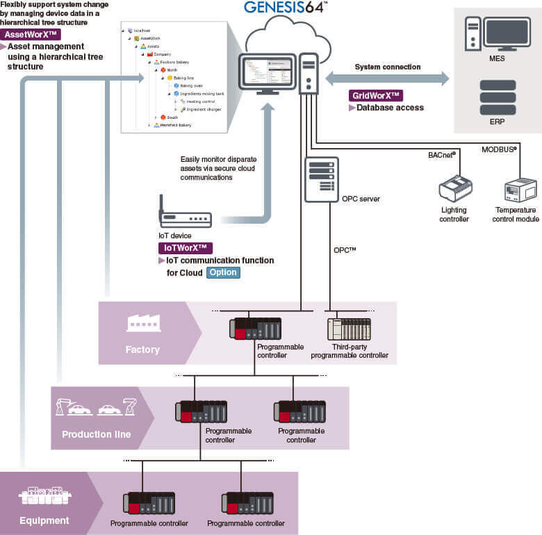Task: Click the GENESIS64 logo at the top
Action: pyautogui.click(x=286, y=8)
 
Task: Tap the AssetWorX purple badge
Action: pyautogui.click(x=31, y=34)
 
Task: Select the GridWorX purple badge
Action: pyautogui.click(x=377, y=95)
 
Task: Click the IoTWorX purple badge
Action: pyautogui.click(x=186, y=247)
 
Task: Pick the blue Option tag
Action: pyautogui.click(x=223, y=272)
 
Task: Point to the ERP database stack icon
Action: pyautogui.click(x=497, y=97)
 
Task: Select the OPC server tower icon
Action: pyautogui.click(x=321, y=179)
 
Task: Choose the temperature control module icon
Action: pyautogui.click(x=520, y=189)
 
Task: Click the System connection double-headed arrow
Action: pyautogui.click(x=387, y=79)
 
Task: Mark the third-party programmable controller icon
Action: pyautogui.click(x=349, y=329)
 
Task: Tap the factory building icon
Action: pyautogui.click(x=143, y=322)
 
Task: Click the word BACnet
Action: pyautogui.click(x=441, y=154)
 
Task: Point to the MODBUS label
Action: pyautogui.click(x=499, y=149)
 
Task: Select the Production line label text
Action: pyautogui.click(x=96, y=434)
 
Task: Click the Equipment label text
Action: pyautogui.click(x=44, y=520)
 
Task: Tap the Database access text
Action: pyautogui.click(x=390, y=108)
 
